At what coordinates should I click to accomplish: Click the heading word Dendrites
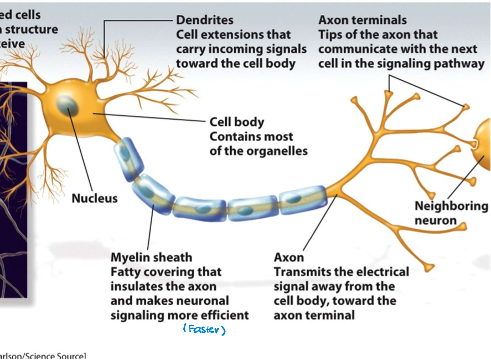[204, 20]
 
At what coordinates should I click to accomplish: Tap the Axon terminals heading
[362, 20]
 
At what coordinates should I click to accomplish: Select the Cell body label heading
[236, 122]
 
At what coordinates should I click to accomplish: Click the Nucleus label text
[95, 198]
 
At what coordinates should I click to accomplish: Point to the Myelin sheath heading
[151, 258]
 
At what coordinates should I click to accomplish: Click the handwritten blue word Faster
[204, 330]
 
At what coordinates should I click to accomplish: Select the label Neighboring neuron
[451, 213]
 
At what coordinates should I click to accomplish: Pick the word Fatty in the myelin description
[126, 272]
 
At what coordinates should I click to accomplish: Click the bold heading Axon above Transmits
[288, 258]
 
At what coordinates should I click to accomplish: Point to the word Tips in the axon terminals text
[331, 34]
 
